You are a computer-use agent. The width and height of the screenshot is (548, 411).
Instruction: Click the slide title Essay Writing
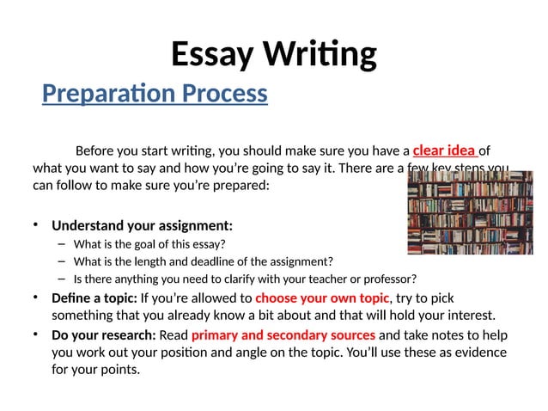tap(273, 54)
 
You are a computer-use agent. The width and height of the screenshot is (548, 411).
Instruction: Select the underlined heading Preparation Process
tap(155, 93)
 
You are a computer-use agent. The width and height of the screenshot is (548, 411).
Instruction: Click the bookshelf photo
tap(469, 213)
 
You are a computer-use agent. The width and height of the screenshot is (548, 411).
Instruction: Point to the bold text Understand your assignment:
tap(142, 226)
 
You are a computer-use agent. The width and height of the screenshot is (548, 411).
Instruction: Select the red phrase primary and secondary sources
tap(283, 334)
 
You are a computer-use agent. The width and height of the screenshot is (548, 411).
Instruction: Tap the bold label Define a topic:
tap(93, 298)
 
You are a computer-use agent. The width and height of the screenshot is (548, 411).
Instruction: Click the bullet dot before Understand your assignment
tap(36, 226)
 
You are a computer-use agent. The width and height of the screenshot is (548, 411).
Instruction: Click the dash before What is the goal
tap(62, 244)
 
